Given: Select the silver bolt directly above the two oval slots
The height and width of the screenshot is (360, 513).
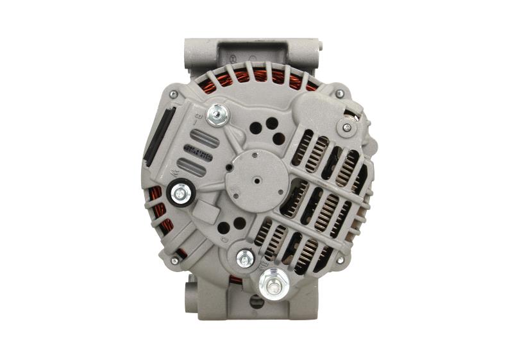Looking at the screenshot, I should click(219, 115).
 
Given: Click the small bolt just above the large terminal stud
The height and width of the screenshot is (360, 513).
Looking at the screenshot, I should click(245, 258).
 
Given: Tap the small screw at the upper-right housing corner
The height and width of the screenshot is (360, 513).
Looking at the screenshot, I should click(339, 94).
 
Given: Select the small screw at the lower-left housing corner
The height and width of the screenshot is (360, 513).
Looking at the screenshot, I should click(174, 261).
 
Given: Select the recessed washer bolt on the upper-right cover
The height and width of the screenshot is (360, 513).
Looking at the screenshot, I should click(347, 128).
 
